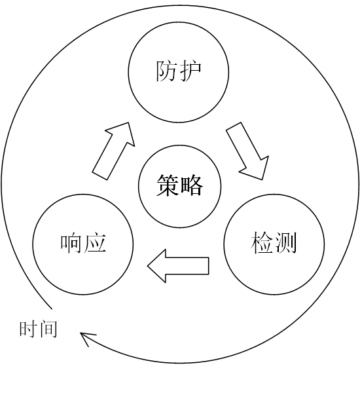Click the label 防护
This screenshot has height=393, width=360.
179,71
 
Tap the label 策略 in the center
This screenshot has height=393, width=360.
179,185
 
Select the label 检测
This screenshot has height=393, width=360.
274,242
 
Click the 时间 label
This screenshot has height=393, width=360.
39,329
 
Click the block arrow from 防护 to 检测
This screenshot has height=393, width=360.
247,151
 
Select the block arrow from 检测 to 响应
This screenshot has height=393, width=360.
178,266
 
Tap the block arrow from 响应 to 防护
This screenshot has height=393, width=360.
113,151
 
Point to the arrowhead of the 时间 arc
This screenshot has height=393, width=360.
81,333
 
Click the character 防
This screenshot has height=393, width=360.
167,71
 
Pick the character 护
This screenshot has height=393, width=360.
190,71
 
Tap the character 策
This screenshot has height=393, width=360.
168,185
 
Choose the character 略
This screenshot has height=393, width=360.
191,185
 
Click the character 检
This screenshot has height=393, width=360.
262,242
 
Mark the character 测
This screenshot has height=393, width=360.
286,242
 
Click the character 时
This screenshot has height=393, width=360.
29,329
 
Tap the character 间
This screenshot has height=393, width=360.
48,329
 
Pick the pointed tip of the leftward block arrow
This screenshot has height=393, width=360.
147,266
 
